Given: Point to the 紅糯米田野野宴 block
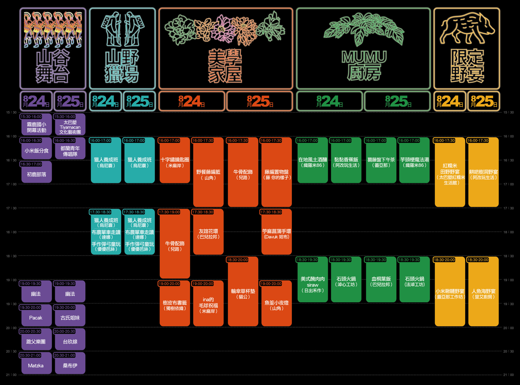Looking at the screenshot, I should tap(450, 174).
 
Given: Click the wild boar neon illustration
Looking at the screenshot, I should tap(467, 28).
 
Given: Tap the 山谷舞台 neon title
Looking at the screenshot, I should tap(53, 66).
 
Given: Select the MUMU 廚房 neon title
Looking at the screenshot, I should tap(364, 65).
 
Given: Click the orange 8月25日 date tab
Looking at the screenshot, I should tap(260, 101).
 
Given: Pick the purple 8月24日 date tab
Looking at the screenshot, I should tap(36, 101).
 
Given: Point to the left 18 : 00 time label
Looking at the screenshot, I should tap(11, 232).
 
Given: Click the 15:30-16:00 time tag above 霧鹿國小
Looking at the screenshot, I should tap(31, 117).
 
